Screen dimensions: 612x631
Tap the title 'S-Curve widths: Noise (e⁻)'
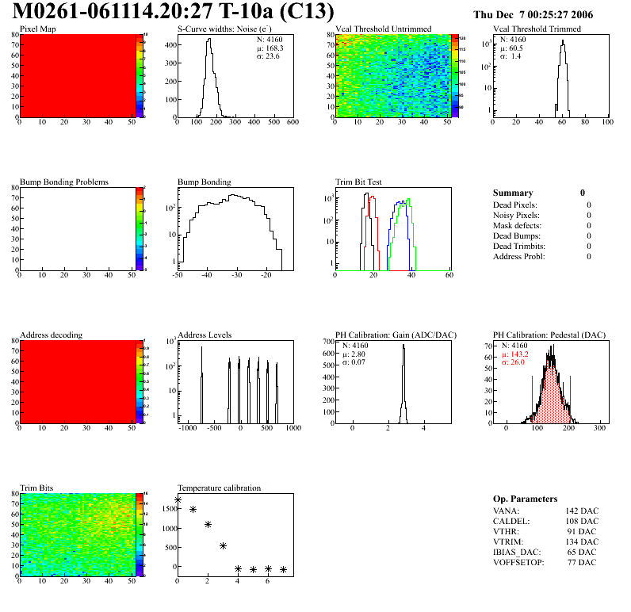coord(224,29)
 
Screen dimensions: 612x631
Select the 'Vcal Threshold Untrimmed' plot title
coord(384,29)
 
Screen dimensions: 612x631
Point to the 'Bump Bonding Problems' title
coord(63,182)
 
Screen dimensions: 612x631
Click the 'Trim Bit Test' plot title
coord(359,182)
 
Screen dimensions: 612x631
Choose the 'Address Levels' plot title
coord(205,335)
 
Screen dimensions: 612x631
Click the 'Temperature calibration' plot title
coord(219,488)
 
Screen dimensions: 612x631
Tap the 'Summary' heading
coord(513,193)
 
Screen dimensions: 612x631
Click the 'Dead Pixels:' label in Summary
coord(515,205)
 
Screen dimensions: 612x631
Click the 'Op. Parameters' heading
coord(525,499)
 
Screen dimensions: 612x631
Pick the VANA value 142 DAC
coord(582,511)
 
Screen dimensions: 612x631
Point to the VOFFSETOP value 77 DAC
coord(583,563)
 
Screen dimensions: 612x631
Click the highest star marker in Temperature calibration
coord(178,500)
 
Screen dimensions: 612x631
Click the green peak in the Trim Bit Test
coord(409,200)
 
